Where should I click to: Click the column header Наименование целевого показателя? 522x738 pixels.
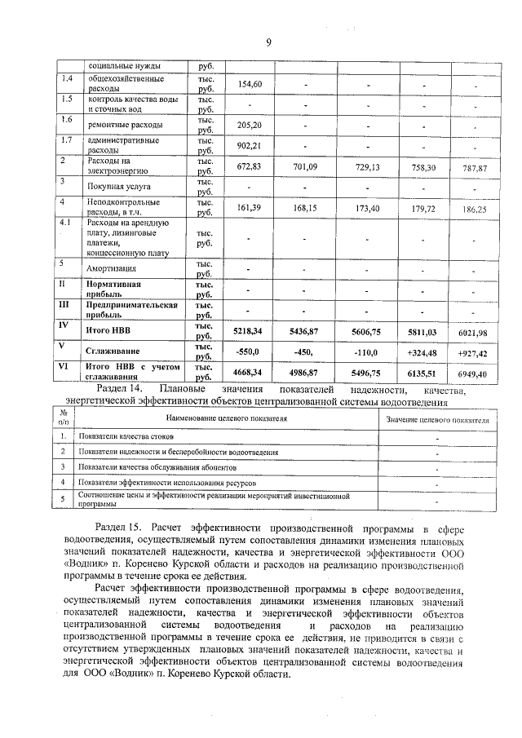(x=227, y=418)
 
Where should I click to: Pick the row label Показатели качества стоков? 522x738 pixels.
(x=126, y=437)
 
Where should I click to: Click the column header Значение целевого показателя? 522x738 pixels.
(x=437, y=419)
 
